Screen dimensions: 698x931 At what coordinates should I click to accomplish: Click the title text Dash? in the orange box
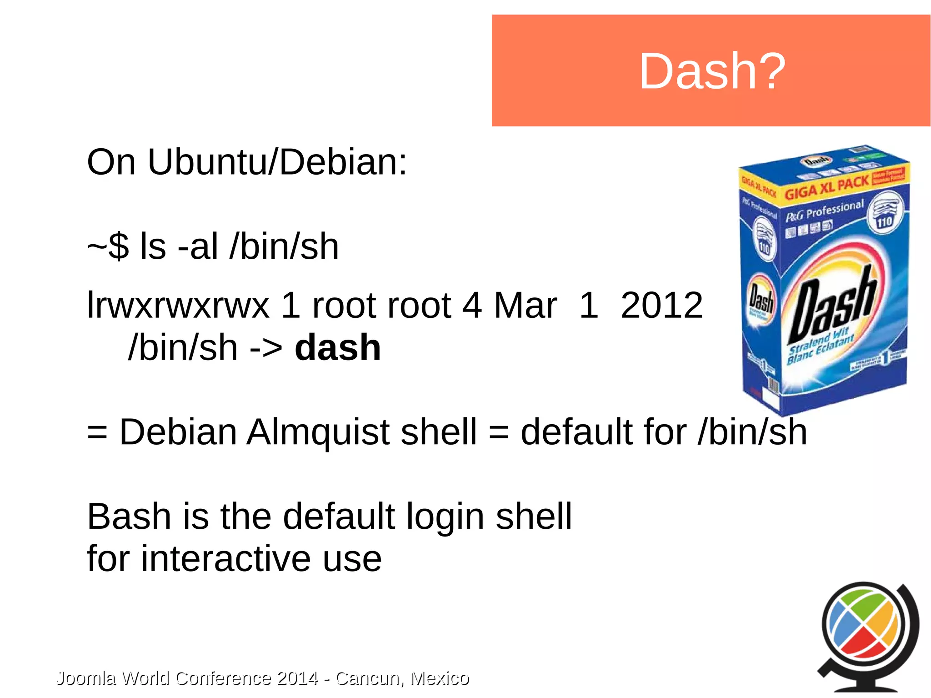(x=712, y=71)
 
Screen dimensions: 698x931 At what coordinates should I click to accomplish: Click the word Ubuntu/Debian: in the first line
(x=277, y=162)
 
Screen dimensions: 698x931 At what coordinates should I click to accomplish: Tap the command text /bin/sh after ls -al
(x=285, y=246)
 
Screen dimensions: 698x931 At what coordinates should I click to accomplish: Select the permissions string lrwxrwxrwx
(x=178, y=306)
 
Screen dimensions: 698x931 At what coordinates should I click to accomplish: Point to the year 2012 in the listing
(x=661, y=306)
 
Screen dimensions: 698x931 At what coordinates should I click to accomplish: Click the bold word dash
(x=337, y=348)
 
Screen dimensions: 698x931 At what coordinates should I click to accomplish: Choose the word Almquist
(x=318, y=432)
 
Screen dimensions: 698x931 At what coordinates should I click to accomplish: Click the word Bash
(x=129, y=517)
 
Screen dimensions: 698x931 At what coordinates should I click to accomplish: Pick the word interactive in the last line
(x=226, y=559)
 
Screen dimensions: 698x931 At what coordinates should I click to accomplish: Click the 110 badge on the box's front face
(x=884, y=222)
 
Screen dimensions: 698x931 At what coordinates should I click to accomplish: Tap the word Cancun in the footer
(x=369, y=678)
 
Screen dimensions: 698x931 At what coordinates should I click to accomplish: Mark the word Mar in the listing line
(x=525, y=306)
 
